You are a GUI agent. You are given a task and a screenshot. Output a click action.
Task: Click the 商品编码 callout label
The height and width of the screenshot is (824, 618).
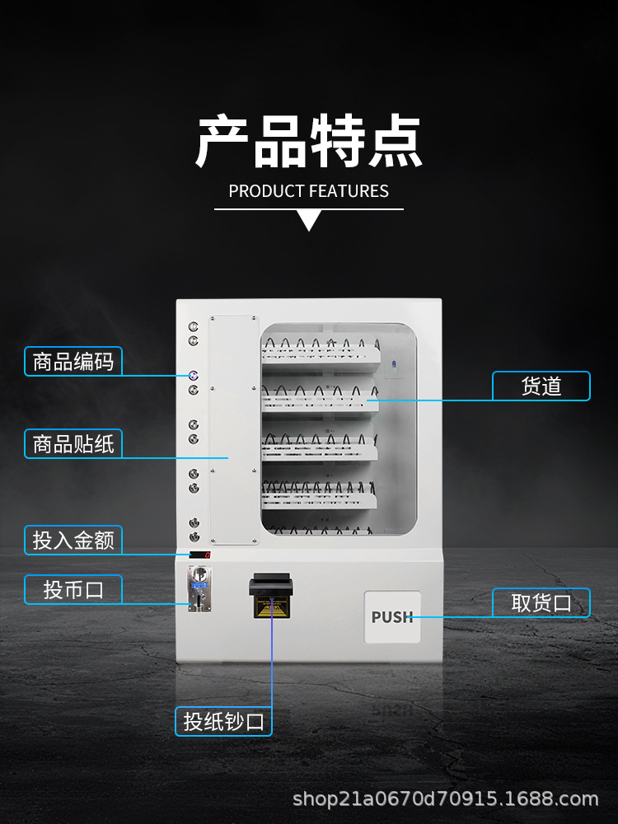(73, 361)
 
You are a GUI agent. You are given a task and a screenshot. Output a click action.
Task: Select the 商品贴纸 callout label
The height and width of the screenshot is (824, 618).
(73, 444)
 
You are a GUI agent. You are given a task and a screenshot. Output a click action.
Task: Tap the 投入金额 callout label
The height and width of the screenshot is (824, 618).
(73, 541)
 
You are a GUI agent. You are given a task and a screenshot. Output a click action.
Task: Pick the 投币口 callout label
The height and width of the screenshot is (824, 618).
(73, 589)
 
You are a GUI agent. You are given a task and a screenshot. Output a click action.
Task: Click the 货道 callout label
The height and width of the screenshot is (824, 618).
(541, 386)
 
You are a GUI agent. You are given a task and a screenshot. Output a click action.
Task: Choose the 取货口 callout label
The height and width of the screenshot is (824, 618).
(541, 602)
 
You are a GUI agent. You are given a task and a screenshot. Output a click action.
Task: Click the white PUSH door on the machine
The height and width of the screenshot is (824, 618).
(392, 617)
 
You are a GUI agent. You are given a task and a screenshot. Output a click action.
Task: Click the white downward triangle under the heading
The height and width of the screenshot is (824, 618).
(309, 220)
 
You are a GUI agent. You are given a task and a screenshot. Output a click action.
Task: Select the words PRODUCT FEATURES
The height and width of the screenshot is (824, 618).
(309, 191)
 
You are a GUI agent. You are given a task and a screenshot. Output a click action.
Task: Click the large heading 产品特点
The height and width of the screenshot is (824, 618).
(309, 142)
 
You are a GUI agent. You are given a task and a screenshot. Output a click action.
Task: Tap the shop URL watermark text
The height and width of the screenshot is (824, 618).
(446, 798)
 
